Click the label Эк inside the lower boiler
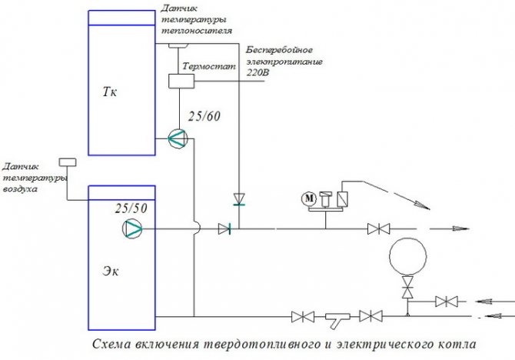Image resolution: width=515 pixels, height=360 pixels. (112, 270)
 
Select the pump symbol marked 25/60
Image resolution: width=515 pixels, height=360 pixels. (177, 138)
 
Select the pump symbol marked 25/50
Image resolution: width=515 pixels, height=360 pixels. (132, 228)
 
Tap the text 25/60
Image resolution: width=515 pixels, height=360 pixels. (204, 117)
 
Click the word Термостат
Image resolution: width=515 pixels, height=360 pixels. (217, 67)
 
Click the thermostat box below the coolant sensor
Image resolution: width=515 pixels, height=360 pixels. (178, 80)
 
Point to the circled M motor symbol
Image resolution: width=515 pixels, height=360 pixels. (311, 198)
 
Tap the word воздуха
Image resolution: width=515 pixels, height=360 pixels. (21, 188)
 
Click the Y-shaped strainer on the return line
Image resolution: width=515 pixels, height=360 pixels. (337, 316)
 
